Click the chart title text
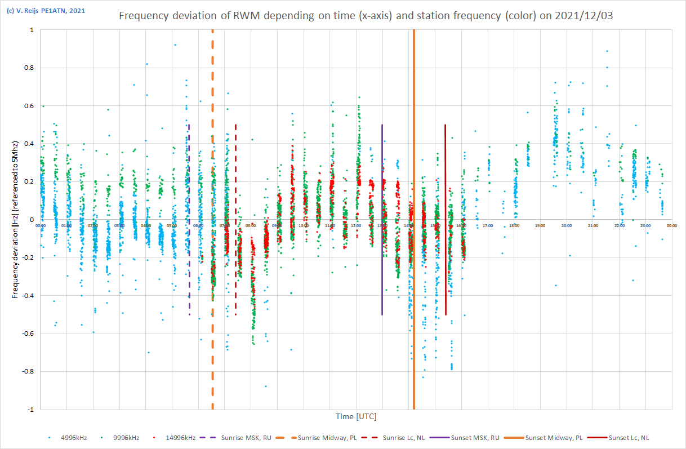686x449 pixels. coord(366,16)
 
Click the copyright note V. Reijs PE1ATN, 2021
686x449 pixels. coord(46,11)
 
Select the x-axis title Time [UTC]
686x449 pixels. coord(356,417)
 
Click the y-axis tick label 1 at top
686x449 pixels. coord(31,30)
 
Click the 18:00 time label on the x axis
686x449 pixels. coord(514,226)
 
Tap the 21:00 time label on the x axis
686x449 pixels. coord(593,226)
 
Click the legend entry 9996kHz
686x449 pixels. coord(122,437)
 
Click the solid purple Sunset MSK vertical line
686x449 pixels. coord(382,169)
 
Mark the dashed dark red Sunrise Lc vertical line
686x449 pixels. coord(235,169)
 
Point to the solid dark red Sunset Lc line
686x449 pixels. coord(446,169)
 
